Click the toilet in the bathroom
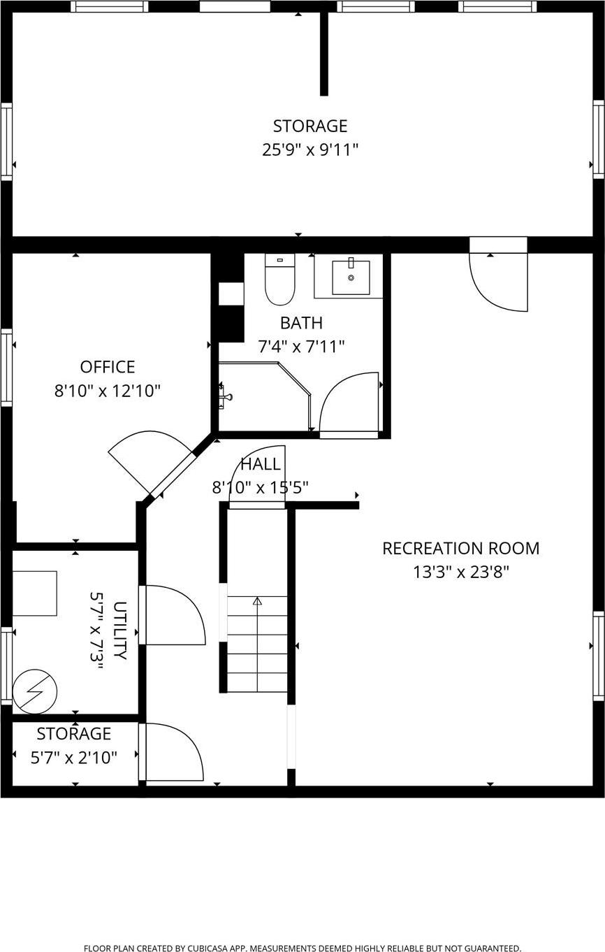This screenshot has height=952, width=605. click(x=279, y=280)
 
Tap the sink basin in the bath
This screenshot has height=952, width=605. click(x=351, y=277)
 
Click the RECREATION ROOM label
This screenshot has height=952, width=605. click(x=460, y=549)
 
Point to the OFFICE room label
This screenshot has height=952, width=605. click(x=108, y=367)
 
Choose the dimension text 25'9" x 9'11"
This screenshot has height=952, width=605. click(x=310, y=150)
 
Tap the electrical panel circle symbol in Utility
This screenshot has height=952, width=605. click(x=35, y=691)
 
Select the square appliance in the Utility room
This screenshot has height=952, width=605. click(x=34, y=593)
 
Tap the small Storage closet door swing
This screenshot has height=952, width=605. click(x=173, y=752)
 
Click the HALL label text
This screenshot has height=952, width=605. click(x=261, y=464)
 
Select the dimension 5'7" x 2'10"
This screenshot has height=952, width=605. click(x=74, y=757)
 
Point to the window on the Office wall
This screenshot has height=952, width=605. click(x=6, y=367)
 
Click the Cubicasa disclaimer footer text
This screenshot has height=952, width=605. click(x=302, y=949)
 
